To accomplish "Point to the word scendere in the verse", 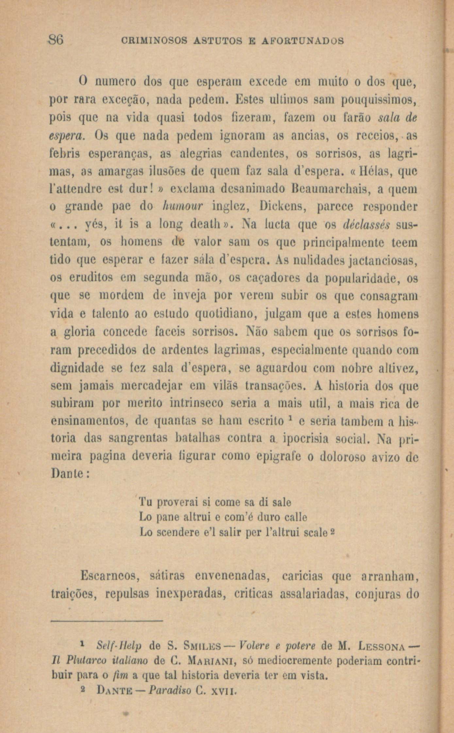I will click(x=177, y=533).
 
